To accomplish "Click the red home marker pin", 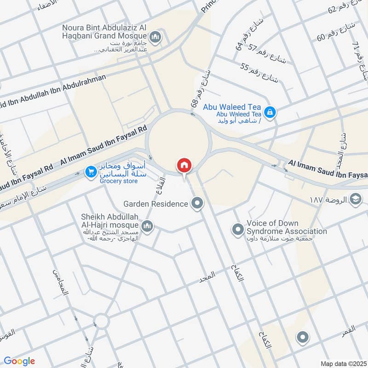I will tap(184, 165).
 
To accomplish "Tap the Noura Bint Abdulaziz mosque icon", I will tap(156, 36).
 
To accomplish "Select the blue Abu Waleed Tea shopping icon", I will tap(270, 111).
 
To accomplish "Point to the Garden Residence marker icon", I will tap(198, 203).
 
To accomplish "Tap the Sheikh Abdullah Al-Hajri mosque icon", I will tap(147, 225).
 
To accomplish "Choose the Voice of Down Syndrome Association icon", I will tap(238, 228).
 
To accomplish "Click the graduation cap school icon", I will tap(356, 199).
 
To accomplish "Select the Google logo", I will tap(19, 361).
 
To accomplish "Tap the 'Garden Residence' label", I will tap(155, 203).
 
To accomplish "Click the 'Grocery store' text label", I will tap(118, 181).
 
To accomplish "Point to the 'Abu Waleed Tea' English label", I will tap(232, 107).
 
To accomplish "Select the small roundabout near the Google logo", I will tap(101, 321).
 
